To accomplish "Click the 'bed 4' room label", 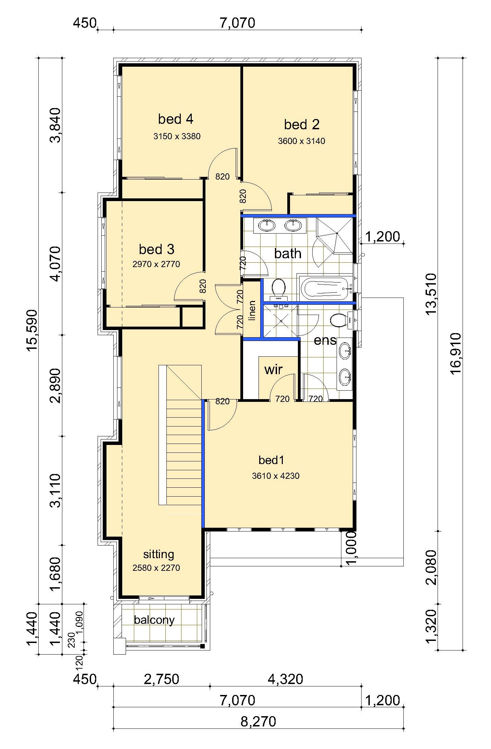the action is tap(176, 119).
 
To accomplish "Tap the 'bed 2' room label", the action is tap(302, 124).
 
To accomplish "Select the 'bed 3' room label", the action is tap(156, 249).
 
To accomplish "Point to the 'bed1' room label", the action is tap(271, 460).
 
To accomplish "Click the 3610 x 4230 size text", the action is tap(276, 476).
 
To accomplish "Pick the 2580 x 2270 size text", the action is tap(156, 568).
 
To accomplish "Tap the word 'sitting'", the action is tap(159, 554).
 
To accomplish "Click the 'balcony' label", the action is tap(154, 620).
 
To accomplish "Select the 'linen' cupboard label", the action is tap(252, 310).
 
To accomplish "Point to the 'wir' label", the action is tap(273, 369).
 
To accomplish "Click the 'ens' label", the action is tap(325, 340).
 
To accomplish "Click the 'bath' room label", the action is tap(288, 253).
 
